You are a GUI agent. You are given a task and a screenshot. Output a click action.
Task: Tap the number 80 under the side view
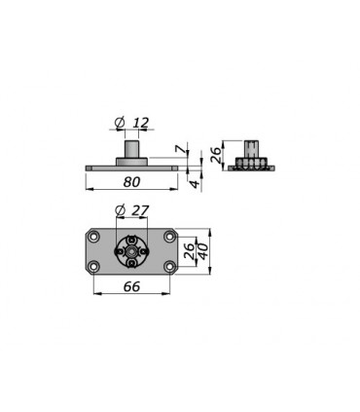[x=131, y=182]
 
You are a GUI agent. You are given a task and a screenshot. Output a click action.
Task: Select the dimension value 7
[x=180, y=149]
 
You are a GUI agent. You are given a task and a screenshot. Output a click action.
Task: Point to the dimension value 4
[x=195, y=184]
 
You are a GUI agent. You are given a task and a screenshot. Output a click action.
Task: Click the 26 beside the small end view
[x=216, y=155]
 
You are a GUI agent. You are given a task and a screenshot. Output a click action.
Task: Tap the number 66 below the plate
[x=131, y=286]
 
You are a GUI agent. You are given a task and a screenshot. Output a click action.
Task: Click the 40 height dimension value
[x=203, y=251]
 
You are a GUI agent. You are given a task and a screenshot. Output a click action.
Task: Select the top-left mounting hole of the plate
[x=94, y=237]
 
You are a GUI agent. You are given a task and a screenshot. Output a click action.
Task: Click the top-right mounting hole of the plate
[x=169, y=237]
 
